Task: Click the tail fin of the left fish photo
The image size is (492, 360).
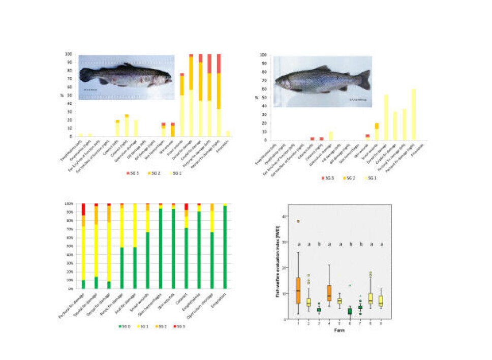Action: point(85,74)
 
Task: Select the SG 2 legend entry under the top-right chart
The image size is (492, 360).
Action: point(346,176)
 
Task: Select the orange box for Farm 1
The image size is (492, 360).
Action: point(298,290)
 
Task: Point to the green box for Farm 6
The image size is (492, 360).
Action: point(350,311)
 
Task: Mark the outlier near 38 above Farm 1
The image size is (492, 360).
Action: point(298,221)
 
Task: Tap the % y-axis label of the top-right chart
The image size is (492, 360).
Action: point(257,97)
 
